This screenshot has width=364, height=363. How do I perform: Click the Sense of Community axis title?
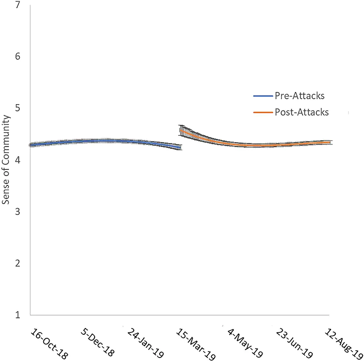point(7,159)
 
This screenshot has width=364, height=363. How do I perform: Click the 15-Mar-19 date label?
point(196,342)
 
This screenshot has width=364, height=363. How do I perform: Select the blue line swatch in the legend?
point(263,97)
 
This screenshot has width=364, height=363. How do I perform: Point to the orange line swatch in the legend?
point(263,112)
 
